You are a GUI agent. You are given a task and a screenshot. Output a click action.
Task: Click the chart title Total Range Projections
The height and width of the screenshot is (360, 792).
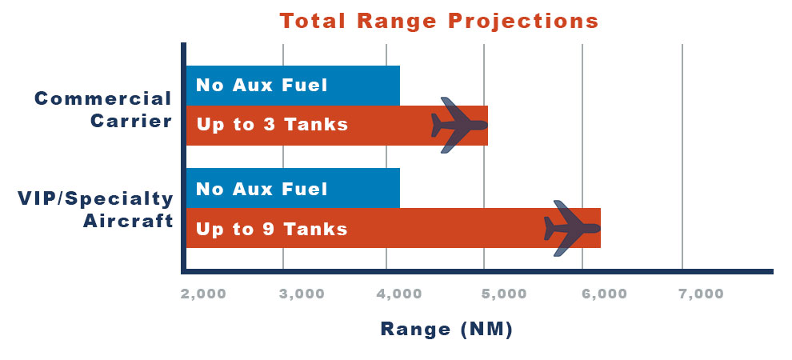[x=439, y=22]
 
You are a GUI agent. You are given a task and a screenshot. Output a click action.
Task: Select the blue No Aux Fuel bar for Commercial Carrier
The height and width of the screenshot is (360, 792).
[x=293, y=86]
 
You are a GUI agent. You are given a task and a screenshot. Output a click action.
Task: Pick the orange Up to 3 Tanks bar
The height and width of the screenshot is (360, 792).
[x=337, y=126]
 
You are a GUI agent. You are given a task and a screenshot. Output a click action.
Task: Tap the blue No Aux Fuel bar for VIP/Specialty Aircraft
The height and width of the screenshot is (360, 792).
[x=293, y=188]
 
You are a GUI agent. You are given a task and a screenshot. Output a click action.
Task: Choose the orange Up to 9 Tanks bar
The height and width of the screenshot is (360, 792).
[x=394, y=228]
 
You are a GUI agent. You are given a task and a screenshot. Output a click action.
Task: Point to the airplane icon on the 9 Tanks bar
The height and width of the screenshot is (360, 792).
[x=572, y=228]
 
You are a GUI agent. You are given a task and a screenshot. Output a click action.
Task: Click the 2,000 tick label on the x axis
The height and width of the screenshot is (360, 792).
[x=203, y=294]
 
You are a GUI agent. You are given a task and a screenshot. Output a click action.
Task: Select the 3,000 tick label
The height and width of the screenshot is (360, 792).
[x=302, y=294]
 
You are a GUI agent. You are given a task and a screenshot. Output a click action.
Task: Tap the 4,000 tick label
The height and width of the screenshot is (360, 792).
[x=400, y=294]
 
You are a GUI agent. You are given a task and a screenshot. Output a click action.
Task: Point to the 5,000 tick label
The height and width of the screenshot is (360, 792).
[x=504, y=294]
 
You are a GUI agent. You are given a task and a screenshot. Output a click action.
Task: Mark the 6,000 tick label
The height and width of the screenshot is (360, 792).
[x=604, y=294]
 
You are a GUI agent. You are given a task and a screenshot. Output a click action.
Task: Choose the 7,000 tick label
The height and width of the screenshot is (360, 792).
[x=701, y=294]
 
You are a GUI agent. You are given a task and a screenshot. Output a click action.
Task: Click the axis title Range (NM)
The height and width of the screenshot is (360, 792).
[x=446, y=330]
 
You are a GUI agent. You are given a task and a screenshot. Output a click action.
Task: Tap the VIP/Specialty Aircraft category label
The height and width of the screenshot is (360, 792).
[x=96, y=210]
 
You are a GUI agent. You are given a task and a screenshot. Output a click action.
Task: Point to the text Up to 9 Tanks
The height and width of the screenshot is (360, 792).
[x=272, y=230]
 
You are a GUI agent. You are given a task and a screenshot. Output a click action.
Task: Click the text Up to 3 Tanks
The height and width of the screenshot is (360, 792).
[x=272, y=124]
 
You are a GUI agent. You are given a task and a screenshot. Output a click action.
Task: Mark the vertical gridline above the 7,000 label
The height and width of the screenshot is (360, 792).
[x=682, y=157]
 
